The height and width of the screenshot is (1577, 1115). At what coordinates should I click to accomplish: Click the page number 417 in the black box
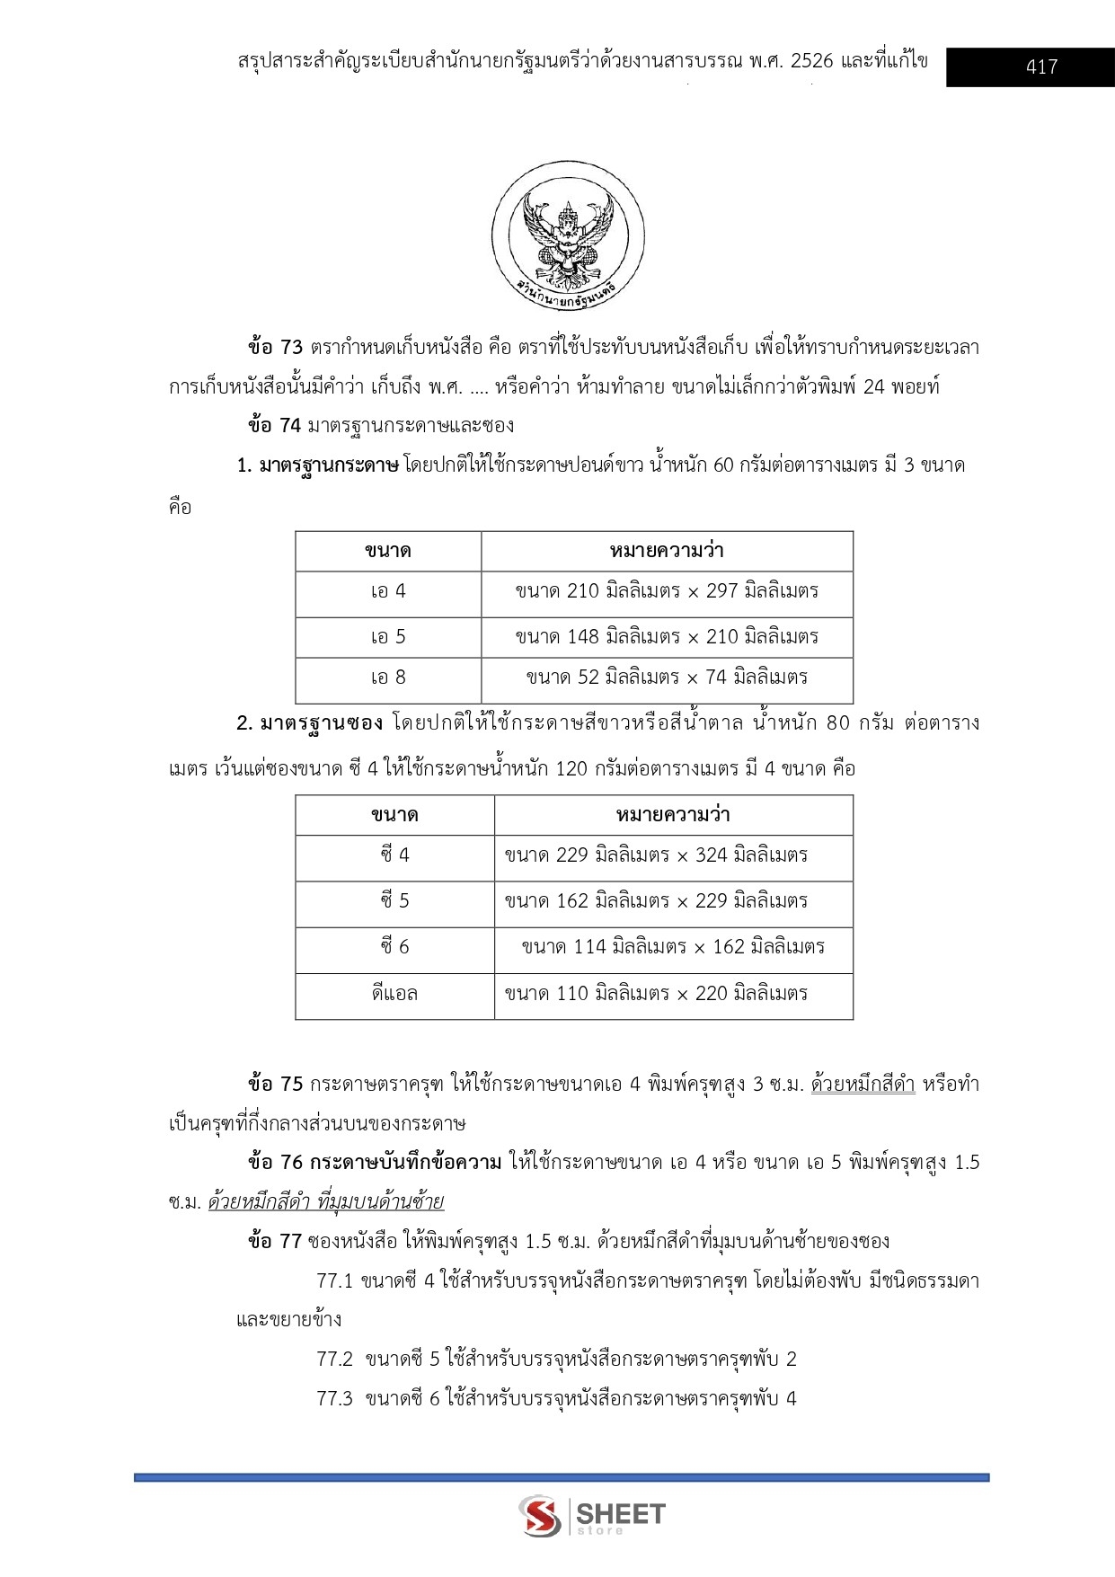point(1040,66)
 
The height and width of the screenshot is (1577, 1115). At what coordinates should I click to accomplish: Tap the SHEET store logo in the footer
point(593,1515)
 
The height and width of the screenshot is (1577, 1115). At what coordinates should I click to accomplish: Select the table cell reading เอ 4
point(388,591)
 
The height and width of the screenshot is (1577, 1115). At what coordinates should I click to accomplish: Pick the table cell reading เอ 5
point(388,637)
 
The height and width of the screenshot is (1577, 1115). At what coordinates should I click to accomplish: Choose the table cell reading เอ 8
point(388,678)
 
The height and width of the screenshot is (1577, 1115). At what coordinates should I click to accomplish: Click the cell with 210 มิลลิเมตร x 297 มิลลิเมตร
point(667,591)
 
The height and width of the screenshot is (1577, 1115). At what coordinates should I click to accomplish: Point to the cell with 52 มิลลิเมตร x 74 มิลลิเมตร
point(667,678)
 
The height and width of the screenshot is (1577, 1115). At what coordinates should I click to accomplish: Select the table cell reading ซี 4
point(394,855)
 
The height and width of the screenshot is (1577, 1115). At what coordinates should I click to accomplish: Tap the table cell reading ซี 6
point(394,947)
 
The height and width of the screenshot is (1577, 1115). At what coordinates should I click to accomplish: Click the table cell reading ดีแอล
point(394,994)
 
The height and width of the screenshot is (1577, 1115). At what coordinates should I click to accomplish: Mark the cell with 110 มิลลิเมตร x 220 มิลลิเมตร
point(656,994)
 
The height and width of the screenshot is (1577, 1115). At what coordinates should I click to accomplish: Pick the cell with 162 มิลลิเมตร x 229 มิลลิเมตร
point(656,901)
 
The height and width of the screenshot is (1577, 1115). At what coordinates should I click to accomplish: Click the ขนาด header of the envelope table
point(394,815)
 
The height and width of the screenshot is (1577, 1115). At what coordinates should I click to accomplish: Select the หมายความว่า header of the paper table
point(667,551)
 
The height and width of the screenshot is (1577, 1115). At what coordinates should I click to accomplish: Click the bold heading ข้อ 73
point(275,348)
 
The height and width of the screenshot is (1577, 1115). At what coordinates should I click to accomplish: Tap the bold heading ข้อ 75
point(275,1085)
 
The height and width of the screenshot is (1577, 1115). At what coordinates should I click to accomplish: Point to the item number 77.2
point(334,1360)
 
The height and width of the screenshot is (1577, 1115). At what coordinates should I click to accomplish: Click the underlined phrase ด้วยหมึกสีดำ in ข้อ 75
point(863,1085)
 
